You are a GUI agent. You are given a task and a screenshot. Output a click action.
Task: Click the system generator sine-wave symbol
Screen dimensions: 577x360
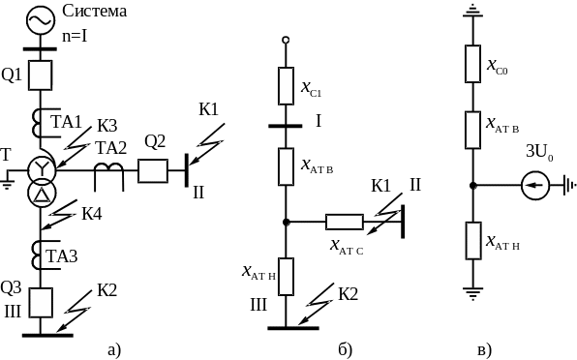pyautogui.click(x=41, y=20)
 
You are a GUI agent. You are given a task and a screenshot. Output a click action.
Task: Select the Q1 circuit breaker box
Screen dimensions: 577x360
pyautogui.click(x=41, y=75)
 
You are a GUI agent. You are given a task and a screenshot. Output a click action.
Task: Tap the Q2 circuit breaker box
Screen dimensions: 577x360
pyautogui.click(x=153, y=171)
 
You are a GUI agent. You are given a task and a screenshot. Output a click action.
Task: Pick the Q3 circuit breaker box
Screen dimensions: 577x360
pyautogui.click(x=41, y=303)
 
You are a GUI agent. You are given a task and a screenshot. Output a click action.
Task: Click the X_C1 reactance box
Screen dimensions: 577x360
pyautogui.click(x=286, y=86)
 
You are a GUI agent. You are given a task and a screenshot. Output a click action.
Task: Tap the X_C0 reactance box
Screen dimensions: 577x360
pyautogui.click(x=472, y=64)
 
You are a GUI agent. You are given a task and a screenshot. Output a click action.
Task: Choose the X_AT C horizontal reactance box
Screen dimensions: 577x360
pyautogui.click(x=345, y=223)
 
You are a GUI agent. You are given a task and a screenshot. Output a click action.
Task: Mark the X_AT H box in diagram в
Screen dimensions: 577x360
pyautogui.click(x=473, y=241)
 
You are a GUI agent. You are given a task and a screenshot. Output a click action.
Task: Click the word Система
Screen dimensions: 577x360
pyautogui.click(x=95, y=11)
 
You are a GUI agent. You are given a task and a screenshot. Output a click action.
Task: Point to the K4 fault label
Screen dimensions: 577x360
pyautogui.click(x=92, y=213)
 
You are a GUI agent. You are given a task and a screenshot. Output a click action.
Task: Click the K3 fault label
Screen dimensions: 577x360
pyautogui.click(x=107, y=126)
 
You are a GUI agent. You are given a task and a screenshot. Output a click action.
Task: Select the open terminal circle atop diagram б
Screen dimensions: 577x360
pyautogui.click(x=286, y=40)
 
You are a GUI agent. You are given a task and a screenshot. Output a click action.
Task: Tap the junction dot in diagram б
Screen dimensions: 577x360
pyautogui.click(x=286, y=223)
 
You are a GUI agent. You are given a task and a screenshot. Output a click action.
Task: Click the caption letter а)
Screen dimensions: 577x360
pyautogui.click(x=114, y=349)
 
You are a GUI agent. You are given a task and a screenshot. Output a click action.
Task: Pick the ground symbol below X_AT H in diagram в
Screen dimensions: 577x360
pyautogui.click(x=472, y=293)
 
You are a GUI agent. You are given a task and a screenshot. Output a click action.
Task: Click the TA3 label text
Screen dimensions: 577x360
pyautogui.click(x=62, y=255)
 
